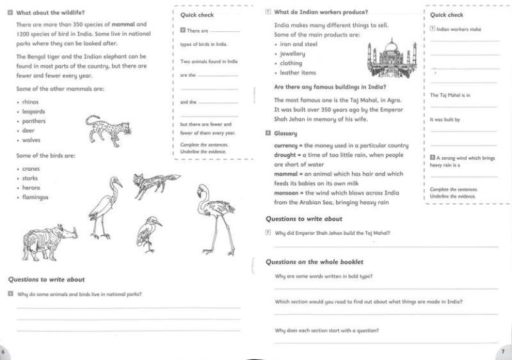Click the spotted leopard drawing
click(107, 128)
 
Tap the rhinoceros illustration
click(49, 237)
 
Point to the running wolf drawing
click(156, 185)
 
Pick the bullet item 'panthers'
click(34, 121)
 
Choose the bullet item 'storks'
click(30, 179)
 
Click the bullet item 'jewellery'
click(292, 54)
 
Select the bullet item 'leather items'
click(297, 73)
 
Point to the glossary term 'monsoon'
click(288, 193)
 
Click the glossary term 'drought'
click(287, 155)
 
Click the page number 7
click(503, 351)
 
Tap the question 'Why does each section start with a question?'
click(327, 331)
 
